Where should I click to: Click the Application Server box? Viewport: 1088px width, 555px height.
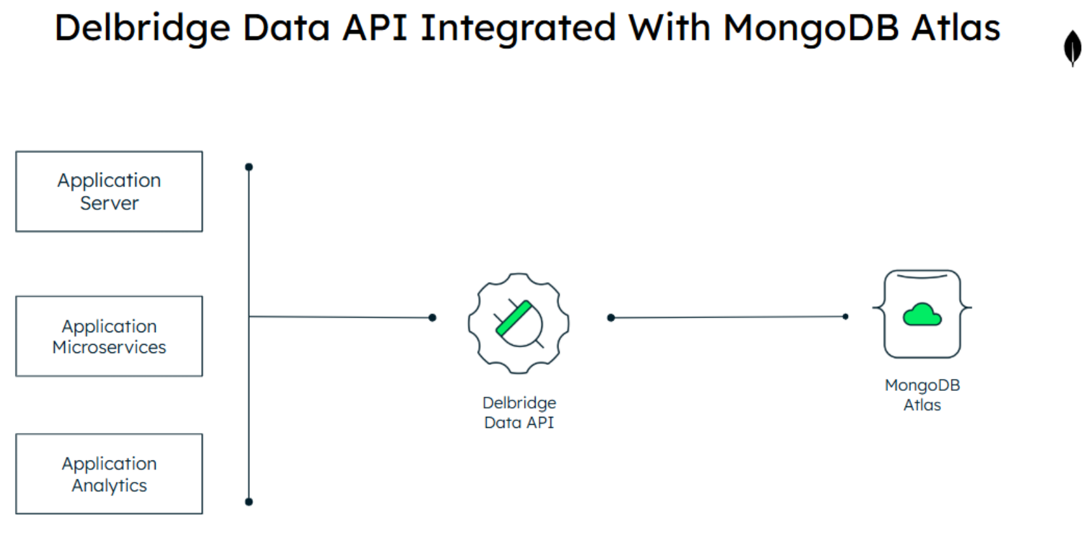tap(109, 192)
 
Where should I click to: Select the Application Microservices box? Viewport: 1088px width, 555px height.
tap(109, 336)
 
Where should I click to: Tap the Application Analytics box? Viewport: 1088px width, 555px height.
tap(109, 474)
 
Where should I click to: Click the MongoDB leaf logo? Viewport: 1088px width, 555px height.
tap(1072, 48)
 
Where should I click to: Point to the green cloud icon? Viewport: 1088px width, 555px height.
tap(921, 315)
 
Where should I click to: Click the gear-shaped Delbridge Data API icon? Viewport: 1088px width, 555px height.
tap(519, 323)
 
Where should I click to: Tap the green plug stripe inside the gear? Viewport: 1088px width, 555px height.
tap(514, 319)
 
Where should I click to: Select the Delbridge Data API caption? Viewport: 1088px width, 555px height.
tap(519, 412)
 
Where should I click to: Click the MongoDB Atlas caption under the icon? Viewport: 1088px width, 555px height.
tap(922, 395)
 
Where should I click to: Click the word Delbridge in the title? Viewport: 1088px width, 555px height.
tap(142, 28)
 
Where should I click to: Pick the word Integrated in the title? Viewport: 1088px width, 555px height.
tap(518, 28)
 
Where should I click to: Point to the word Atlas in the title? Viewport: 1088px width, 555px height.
tap(955, 28)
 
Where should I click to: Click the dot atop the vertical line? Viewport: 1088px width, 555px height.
tap(249, 167)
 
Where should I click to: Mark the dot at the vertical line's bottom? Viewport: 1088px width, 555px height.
tap(249, 502)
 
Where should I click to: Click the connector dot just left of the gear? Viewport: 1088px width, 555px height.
tap(432, 318)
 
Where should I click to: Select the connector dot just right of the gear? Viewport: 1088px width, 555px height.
tap(610, 318)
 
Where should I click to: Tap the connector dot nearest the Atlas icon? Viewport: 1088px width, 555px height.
tap(845, 317)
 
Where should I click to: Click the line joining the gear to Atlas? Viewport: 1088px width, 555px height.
tap(728, 317)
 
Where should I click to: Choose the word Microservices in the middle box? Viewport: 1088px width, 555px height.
tap(109, 347)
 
